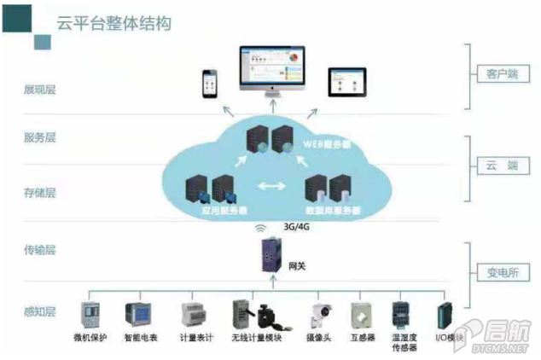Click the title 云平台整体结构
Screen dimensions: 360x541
pos(113,23)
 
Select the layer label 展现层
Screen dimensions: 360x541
pos(40,89)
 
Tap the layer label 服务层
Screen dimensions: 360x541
pos(40,136)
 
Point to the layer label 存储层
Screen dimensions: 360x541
pos(40,193)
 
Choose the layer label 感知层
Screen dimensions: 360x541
pos(40,311)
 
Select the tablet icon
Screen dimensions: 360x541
pos(347,81)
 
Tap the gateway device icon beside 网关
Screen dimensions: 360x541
pos(271,257)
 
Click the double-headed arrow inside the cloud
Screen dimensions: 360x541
pos(272,186)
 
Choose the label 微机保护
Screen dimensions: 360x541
pos(92,339)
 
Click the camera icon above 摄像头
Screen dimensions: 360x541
pos(321,314)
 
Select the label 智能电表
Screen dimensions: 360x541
pos(141,339)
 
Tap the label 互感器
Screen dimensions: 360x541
pos(363,339)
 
